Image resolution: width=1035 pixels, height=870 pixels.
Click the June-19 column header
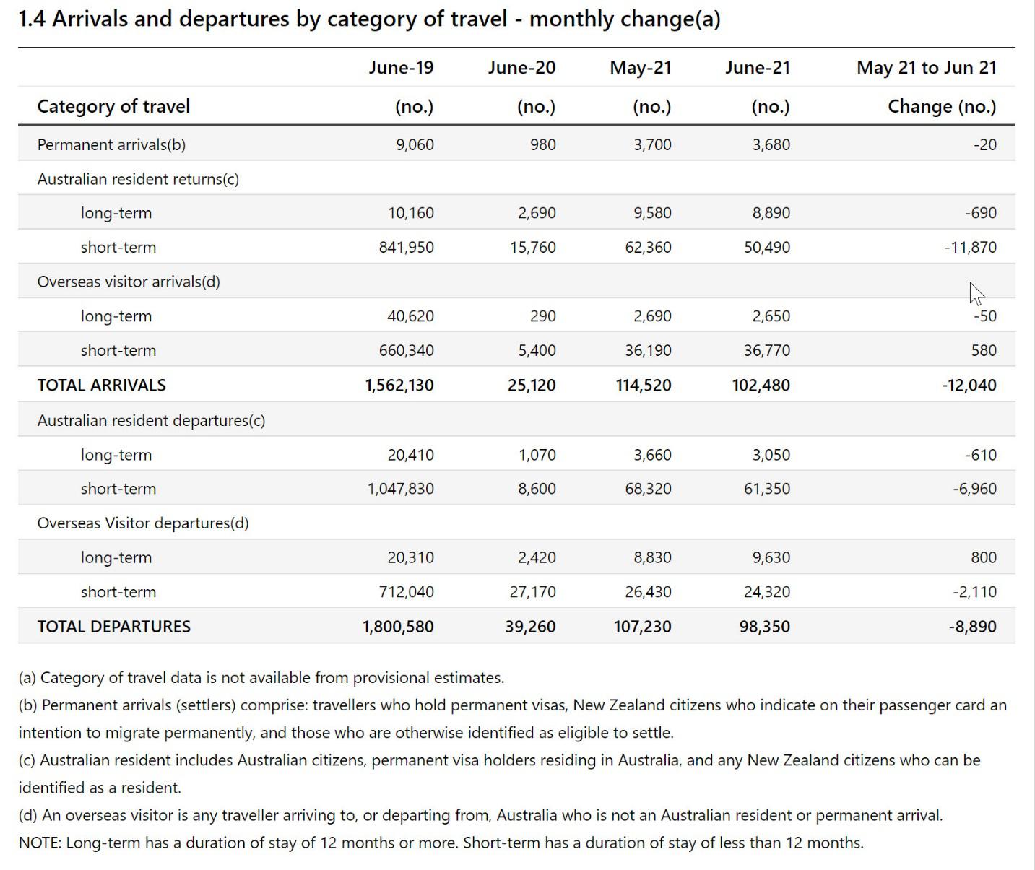401,67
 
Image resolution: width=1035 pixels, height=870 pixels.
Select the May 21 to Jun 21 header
927,67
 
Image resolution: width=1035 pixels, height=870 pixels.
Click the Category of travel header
113,106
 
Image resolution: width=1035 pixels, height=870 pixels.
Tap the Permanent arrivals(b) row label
111,144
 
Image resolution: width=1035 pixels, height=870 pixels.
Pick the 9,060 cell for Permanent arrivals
415,144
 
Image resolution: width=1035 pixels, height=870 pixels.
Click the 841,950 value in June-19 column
407,247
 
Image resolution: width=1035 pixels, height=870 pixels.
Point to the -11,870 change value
970,247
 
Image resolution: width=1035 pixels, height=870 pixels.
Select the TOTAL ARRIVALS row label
102,385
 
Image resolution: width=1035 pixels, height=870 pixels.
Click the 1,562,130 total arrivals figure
399,385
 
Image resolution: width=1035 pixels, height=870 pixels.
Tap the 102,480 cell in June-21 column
761,385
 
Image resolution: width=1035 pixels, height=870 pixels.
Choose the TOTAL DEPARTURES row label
113,626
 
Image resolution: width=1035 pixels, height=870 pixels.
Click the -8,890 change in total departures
973,626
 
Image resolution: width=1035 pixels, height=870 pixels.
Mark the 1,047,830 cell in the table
401,489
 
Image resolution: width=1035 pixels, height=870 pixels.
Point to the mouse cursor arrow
976,294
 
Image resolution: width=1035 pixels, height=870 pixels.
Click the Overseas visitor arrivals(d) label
129,282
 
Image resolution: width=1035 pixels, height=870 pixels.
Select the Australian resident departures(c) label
151,421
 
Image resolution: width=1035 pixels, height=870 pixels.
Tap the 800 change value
984,557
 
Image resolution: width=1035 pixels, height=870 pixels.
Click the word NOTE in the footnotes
39,843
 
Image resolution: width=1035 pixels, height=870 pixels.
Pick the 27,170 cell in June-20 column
533,592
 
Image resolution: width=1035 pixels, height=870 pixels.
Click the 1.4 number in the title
32,19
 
